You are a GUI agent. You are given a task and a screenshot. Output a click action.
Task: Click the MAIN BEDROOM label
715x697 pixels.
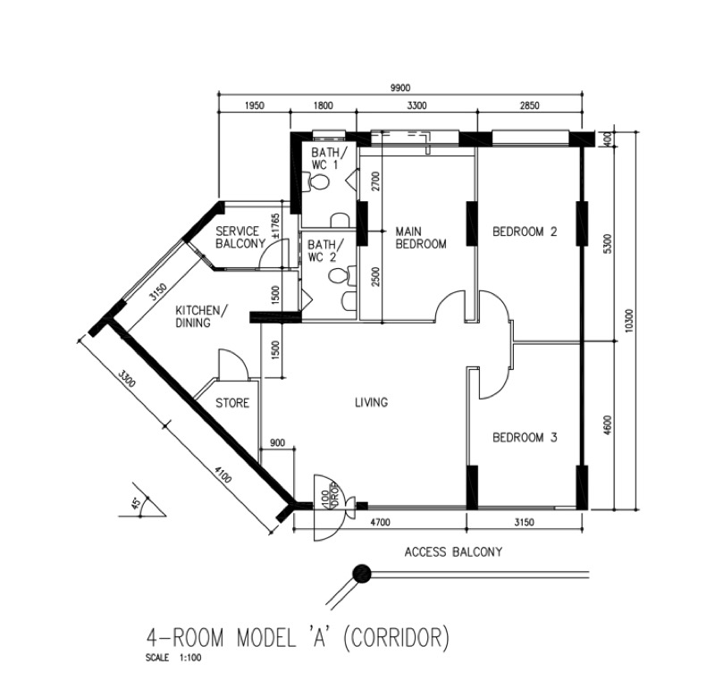[420, 238]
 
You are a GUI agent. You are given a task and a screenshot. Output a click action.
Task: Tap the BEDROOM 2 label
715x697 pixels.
[525, 231]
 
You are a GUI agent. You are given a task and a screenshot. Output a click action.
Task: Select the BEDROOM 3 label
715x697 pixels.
[525, 438]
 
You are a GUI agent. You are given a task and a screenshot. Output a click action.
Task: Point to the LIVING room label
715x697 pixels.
[371, 402]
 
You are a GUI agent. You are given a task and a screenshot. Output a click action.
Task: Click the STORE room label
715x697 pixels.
[232, 403]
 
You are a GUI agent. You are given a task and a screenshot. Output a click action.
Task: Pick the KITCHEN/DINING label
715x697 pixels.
[200, 316]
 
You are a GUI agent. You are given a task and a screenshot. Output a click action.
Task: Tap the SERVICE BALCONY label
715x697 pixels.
[240, 237]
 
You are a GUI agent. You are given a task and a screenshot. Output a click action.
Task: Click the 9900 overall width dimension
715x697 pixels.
[400, 88]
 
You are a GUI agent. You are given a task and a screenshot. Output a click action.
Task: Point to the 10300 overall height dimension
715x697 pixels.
[629, 320]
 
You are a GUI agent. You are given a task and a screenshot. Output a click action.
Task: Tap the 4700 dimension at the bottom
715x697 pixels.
[380, 523]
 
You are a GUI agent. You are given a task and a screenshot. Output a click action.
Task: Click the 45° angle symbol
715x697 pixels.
[136, 503]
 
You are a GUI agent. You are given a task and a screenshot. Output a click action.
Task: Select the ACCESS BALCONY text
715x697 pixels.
[453, 552]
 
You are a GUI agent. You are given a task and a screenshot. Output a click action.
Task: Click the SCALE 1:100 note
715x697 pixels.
[173, 658]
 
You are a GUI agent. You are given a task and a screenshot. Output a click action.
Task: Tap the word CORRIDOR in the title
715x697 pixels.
[395, 637]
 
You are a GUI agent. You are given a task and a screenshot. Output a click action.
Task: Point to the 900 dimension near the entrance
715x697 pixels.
[277, 442]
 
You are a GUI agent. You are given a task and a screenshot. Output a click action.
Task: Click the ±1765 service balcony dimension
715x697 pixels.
[275, 226]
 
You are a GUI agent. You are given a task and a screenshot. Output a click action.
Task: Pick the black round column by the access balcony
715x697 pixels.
[363, 573]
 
